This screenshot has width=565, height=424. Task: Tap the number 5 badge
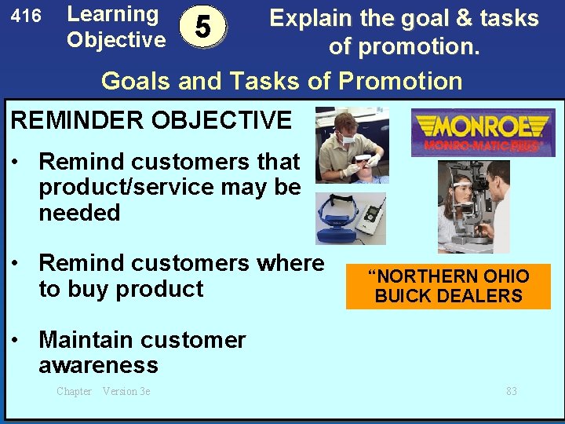[x=203, y=27]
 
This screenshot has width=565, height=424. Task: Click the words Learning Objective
[x=115, y=27]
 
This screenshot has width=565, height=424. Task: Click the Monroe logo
[x=482, y=132]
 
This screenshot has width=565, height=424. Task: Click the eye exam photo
[x=473, y=207]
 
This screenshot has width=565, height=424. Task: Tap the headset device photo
[x=351, y=218]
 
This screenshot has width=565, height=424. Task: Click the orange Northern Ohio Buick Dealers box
[x=448, y=287]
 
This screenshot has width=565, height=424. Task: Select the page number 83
[x=511, y=391]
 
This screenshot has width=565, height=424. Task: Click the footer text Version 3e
[x=126, y=391]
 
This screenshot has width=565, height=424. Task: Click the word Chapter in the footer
[x=74, y=391]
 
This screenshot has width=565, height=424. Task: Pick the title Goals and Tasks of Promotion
[x=282, y=81]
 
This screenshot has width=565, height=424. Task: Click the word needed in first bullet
[x=79, y=213]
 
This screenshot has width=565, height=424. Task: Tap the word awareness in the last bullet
[x=98, y=365]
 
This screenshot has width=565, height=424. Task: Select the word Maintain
[x=87, y=340]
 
